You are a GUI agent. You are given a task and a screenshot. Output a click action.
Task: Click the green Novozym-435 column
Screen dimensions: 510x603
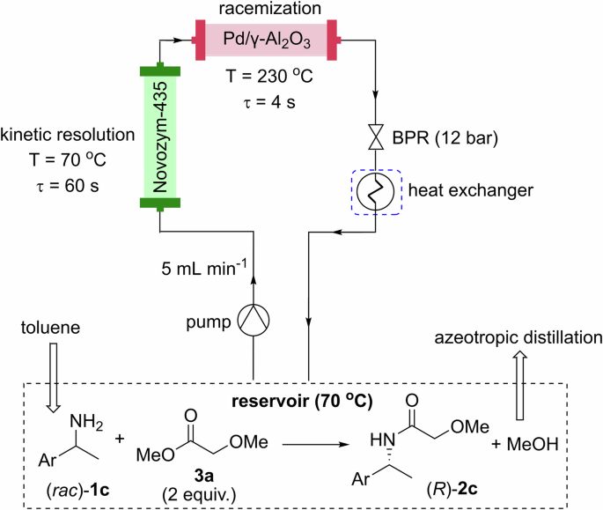[x=160, y=137]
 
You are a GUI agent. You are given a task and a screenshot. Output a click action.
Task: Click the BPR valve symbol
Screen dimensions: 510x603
[x=376, y=139]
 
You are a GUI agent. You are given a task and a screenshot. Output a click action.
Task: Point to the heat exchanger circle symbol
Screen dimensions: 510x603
[x=376, y=191]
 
